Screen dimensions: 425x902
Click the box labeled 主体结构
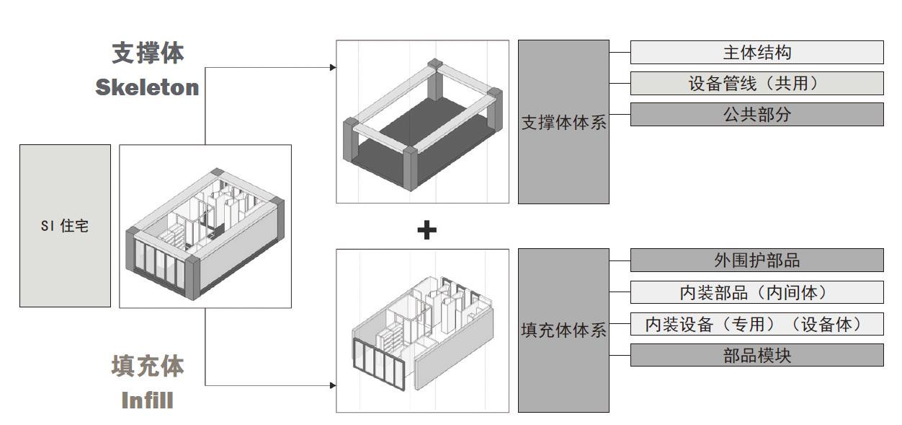756,53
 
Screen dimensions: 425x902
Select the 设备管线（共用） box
756,84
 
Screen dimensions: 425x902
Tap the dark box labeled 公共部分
756,115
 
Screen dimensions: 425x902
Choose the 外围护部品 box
756,260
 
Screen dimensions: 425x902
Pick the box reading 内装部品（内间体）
756,292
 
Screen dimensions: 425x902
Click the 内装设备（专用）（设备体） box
756,324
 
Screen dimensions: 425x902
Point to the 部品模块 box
756,355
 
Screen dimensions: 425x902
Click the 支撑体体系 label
563,122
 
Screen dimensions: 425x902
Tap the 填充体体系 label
563,330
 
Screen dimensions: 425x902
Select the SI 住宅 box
65,226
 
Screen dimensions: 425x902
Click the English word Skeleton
147,87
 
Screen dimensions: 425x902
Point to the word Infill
147,400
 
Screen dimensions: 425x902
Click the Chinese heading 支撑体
148,53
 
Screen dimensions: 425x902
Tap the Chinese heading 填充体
148,366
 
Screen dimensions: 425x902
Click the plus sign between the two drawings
427,230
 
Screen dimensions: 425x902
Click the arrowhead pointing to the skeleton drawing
333,67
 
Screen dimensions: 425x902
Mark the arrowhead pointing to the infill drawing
333,385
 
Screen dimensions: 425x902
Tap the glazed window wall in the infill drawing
377,364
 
